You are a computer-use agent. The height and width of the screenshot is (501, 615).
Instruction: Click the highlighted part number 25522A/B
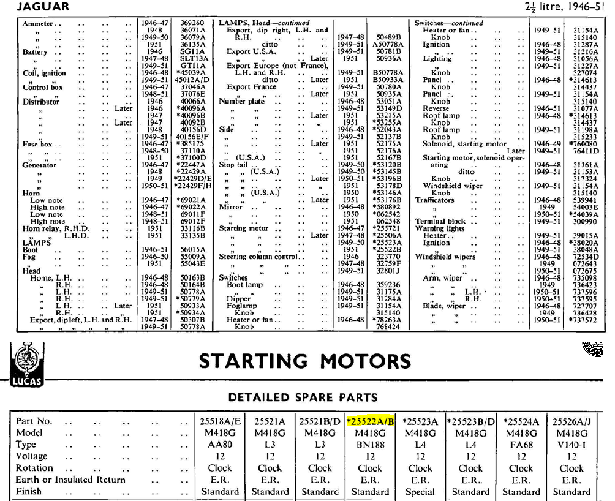tap(369, 421)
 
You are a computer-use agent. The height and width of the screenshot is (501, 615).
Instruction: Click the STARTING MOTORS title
tap(304, 361)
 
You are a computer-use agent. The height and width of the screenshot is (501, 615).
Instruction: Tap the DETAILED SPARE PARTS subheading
tap(303, 397)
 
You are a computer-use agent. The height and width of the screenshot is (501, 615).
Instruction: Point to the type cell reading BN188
tap(369, 445)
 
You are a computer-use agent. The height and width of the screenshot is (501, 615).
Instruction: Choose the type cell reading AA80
tap(219, 445)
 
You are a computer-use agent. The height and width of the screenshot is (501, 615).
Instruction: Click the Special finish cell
tap(420, 491)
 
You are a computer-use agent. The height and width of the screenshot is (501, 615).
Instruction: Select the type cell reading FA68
tap(521, 445)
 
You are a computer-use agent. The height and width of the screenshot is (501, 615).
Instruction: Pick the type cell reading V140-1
tap(571, 445)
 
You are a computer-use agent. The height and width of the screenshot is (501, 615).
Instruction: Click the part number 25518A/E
tap(219, 421)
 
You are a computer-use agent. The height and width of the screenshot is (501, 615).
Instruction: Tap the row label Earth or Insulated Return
tap(70, 480)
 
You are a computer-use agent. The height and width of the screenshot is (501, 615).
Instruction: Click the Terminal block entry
tap(440, 221)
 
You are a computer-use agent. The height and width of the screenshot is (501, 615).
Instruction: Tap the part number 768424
tap(388, 326)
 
